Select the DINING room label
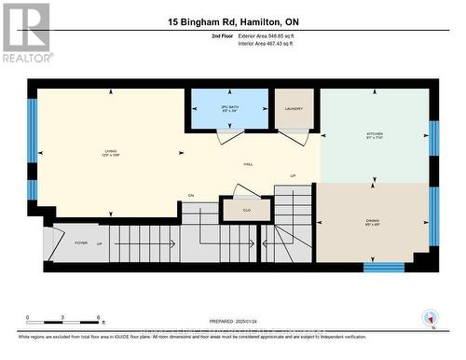pyautogui.click(x=372, y=221)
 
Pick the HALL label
pyautogui.click(x=248, y=164)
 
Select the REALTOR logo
pyautogui.click(x=25, y=33)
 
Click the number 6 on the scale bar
pyautogui.click(x=99, y=318)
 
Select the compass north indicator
pyautogui.click(x=430, y=318)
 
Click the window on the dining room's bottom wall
pyautogui.click(x=383, y=267)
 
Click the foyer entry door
pyautogui.click(x=52, y=238)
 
